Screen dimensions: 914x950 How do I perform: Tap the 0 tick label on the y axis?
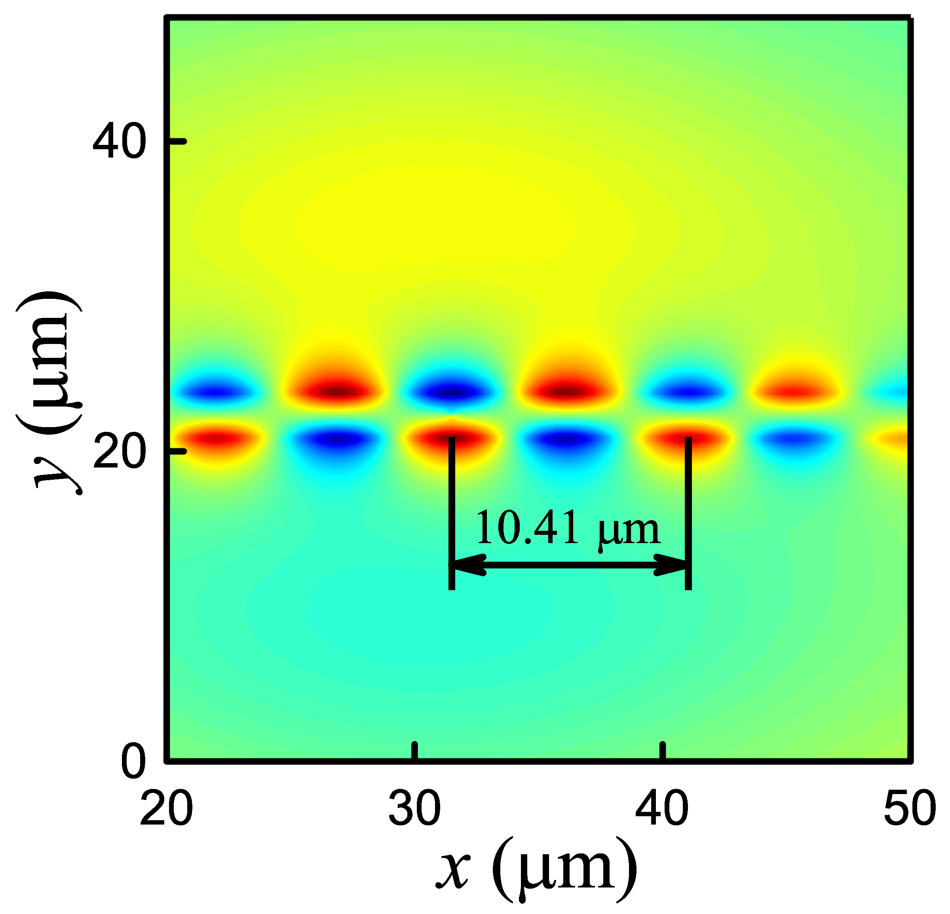(132, 762)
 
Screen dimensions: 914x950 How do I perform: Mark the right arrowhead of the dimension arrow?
(672, 566)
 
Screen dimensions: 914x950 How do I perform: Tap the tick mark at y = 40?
(177, 141)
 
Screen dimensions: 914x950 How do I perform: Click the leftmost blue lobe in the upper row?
(216, 390)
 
